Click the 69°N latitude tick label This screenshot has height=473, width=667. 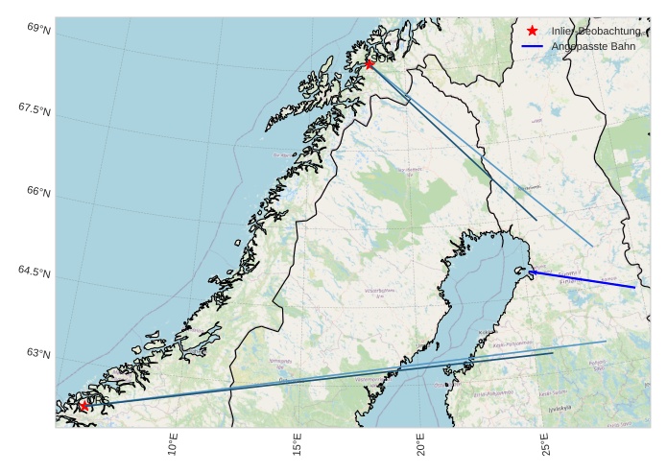(x=38, y=29)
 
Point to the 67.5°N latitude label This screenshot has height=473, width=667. (x=34, y=109)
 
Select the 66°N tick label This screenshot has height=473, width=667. (x=38, y=192)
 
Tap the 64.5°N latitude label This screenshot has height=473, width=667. (x=34, y=272)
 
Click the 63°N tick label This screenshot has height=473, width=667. (x=38, y=354)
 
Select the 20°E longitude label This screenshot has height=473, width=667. (x=420, y=445)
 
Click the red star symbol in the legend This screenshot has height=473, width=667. (x=532, y=31)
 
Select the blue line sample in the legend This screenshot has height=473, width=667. (x=532, y=46)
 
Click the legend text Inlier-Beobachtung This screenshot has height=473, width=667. (x=595, y=31)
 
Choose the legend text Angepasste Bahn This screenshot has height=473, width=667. (x=593, y=46)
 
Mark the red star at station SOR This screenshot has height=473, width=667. (x=369, y=64)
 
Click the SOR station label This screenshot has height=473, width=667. (x=384, y=59)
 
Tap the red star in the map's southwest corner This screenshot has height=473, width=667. (x=83, y=406)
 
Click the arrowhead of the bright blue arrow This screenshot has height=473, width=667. (x=530, y=272)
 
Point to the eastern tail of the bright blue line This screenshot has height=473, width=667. (x=634, y=287)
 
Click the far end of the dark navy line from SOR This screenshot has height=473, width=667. (x=536, y=221)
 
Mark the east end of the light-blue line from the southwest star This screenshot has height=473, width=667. (x=606, y=341)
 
